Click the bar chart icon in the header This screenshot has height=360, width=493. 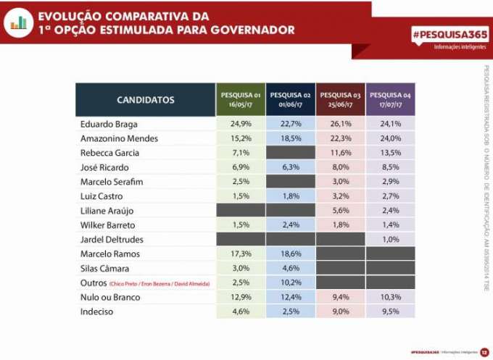pos(18,22)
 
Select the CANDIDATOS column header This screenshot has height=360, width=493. pos(146,99)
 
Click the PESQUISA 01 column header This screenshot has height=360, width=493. pos(241,99)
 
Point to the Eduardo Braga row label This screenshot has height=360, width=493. pos(109,124)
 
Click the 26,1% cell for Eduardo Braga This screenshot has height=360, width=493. pos(341,124)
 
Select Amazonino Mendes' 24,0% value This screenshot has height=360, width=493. pos(391,138)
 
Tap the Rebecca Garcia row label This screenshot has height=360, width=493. pos(109,153)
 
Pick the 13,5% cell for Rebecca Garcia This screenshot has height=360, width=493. pos(391,153)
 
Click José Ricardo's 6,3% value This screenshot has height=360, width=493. pos(291,167)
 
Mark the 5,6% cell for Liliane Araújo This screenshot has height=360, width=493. pos(341,211)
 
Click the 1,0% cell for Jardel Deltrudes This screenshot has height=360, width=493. pos(391,240)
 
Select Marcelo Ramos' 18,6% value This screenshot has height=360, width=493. pos(291,254)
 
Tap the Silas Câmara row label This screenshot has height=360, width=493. pos(106,269)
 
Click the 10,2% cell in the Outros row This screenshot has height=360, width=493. pos(291,283)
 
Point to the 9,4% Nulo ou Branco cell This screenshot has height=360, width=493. pos(341,298)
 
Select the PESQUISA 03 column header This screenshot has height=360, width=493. pos(341,99)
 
